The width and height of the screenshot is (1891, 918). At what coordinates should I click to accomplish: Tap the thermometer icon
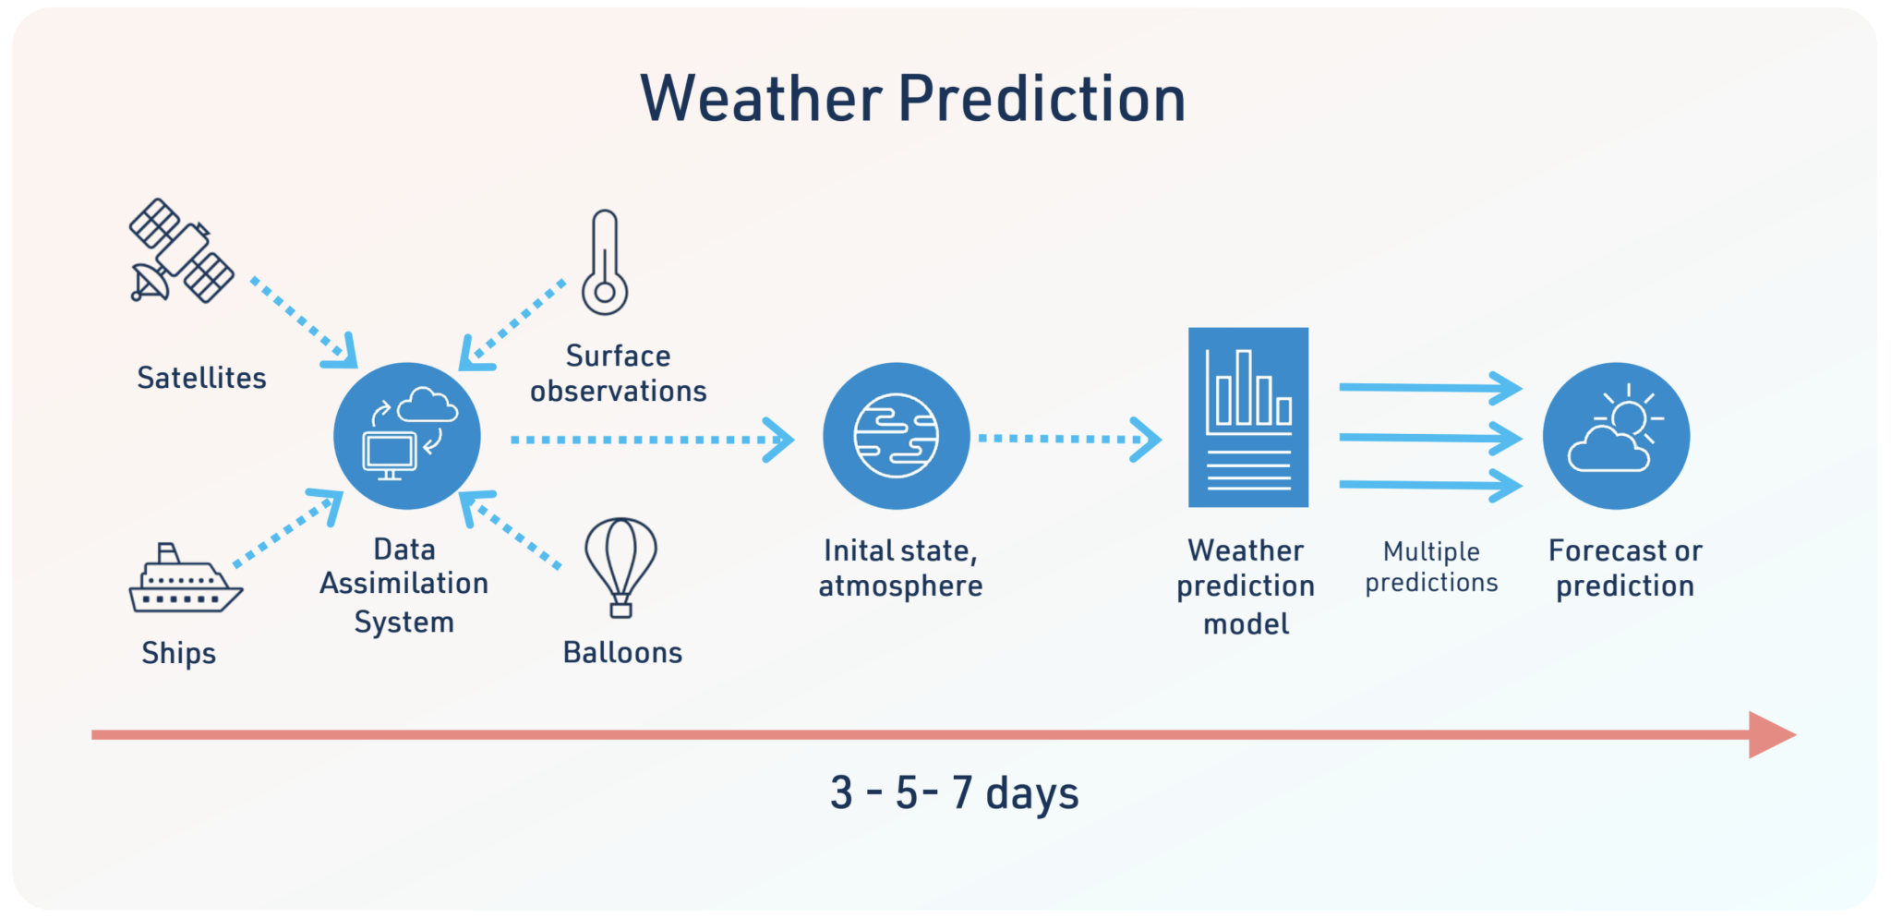point(605,263)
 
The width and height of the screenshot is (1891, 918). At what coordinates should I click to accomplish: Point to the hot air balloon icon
point(620,563)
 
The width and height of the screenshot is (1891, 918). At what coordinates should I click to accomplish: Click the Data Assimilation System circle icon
point(407,436)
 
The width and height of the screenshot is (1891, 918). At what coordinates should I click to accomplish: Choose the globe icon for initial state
point(896,436)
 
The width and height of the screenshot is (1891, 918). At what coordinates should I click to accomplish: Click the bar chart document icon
point(1248,417)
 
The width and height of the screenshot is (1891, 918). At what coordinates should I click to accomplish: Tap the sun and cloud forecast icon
point(1616,436)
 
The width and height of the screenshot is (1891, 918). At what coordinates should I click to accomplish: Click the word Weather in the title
point(762,99)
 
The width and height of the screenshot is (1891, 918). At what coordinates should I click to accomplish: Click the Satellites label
point(201,378)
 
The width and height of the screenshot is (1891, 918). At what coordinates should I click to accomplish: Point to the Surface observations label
point(619,373)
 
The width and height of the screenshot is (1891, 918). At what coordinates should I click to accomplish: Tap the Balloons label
point(622,653)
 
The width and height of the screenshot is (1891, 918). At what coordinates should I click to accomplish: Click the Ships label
point(178,653)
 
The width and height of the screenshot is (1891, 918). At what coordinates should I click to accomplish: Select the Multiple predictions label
point(1431,567)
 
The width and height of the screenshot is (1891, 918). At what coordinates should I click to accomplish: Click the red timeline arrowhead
point(1769,735)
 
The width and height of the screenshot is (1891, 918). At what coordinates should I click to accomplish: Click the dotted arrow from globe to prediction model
point(1068,439)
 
